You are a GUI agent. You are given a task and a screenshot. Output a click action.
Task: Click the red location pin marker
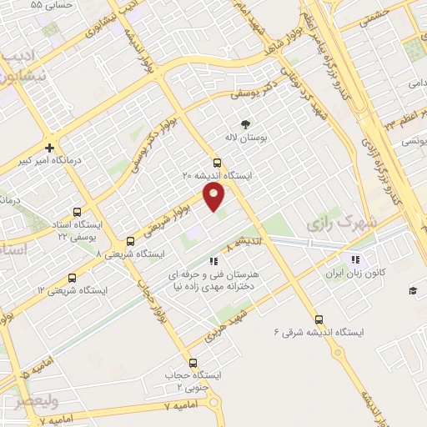pos(214,197)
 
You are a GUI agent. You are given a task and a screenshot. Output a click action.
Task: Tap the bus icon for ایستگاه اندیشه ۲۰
pos(218,163)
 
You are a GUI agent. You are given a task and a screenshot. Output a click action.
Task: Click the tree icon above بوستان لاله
pos(244,123)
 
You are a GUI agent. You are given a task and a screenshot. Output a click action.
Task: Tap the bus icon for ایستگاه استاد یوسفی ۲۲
pos(78,212)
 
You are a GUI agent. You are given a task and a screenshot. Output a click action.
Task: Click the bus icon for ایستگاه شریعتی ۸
pos(131,242)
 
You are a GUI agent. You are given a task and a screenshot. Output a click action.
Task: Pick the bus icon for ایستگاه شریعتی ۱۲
pos(71,278)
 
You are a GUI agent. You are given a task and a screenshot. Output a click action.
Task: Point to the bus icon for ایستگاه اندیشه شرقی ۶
pos(319,319)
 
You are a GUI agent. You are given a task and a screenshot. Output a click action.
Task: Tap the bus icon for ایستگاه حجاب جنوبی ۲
pos(193,363)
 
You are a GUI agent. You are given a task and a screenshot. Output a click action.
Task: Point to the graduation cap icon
pos(412,289)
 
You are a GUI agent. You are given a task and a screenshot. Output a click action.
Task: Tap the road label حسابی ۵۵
pos(53,5)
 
